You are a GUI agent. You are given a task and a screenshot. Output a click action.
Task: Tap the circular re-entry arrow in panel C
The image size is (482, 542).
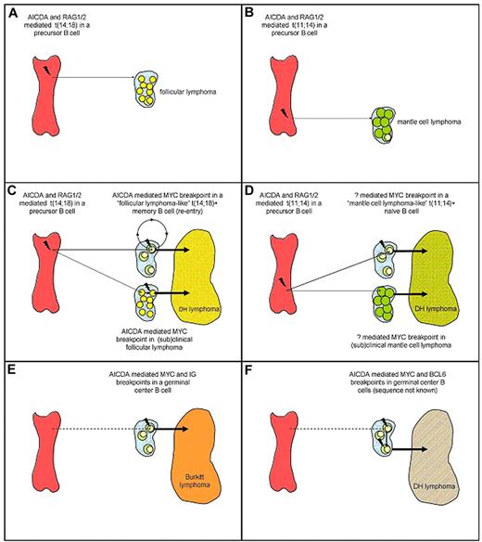147,230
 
